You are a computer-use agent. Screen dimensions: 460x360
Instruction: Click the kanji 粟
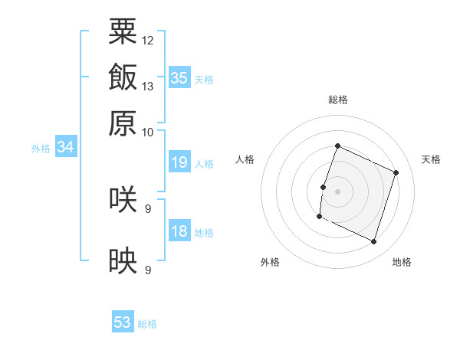(x=123, y=31)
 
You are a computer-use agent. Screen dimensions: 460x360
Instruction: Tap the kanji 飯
(x=123, y=77)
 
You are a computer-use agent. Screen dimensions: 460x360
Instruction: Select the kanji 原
(x=123, y=123)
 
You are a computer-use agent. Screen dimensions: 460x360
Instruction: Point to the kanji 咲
(x=123, y=199)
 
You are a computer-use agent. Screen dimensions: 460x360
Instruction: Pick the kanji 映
(x=123, y=260)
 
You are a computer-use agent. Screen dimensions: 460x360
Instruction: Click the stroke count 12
(x=147, y=41)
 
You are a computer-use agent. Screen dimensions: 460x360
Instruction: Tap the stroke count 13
(x=147, y=87)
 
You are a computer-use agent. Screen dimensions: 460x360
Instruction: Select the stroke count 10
(x=147, y=133)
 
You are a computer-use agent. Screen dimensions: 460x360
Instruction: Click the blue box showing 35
(x=179, y=77)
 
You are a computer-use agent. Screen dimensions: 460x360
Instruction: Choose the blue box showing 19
(x=179, y=162)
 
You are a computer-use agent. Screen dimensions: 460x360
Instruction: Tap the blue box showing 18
(x=179, y=230)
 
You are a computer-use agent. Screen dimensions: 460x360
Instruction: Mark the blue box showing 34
(x=66, y=146)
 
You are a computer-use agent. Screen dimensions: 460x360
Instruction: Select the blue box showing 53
(x=123, y=321)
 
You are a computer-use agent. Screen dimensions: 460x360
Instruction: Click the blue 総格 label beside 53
(x=147, y=324)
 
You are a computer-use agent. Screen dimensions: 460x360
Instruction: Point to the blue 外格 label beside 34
(x=41, y=149)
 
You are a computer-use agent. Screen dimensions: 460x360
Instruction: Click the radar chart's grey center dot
(x=337, y=191)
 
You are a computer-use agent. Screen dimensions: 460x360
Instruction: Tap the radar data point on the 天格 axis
(x=396, y=172)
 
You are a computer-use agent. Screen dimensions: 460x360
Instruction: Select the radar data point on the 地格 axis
(x=373, y=241)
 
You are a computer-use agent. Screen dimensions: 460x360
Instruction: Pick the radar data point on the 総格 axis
(x=337, y=146)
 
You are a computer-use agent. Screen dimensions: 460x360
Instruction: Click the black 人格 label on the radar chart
(x=245, y=159)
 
